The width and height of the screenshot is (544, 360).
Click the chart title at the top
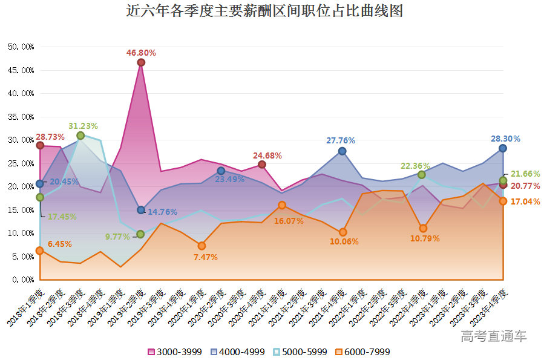point(264,11)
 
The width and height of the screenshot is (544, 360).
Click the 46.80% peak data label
point(141,53)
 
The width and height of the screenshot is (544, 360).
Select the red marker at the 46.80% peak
point(141,62)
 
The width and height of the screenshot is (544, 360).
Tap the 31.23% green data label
point(84,126)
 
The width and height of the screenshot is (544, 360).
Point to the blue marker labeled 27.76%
point(342,151)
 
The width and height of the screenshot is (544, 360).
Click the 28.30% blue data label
point(505,139)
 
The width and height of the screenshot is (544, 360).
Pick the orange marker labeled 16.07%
point(282,205)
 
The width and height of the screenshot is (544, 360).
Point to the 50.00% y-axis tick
point(21,47)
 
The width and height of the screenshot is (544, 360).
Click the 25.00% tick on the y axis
point(21,163)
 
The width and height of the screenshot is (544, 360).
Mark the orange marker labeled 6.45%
point(40,250)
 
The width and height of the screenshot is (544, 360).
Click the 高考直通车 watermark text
point(493,336)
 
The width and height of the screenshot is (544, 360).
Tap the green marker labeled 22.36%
point(422,174)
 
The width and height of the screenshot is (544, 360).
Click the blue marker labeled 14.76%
point(141,210)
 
